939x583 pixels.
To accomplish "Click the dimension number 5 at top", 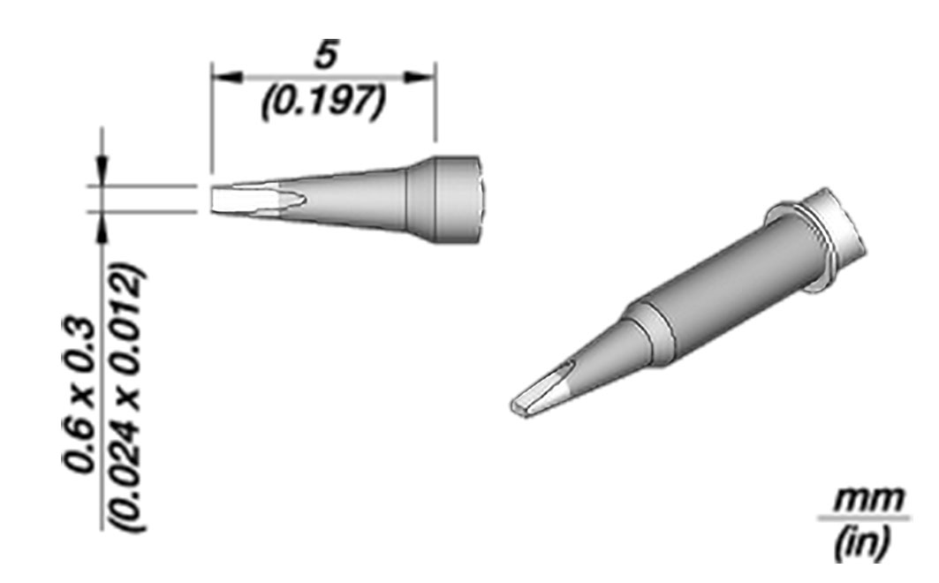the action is pos(326,55).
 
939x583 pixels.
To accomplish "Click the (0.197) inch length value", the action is pos(322,102).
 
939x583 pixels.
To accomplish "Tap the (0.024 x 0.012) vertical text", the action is pos(127,397).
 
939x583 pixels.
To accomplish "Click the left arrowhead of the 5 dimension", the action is pos(227,77).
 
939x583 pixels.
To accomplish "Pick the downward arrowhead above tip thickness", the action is pos(103,170).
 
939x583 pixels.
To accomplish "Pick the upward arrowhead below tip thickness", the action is pos(103,227).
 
